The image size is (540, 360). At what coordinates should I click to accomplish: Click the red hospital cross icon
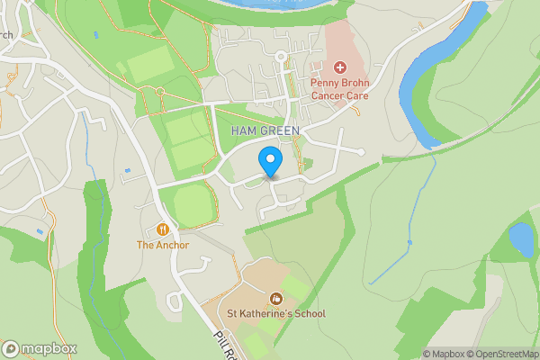tap(340, 67)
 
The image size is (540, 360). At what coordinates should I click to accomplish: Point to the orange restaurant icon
tap(163, 229)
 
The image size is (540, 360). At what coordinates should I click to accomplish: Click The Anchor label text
tap(163, 245)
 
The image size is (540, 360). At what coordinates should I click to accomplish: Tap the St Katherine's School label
tap(275, 314)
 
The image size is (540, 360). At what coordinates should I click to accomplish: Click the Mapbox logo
tap(40, 348)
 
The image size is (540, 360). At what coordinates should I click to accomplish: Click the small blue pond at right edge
tap(520, 239)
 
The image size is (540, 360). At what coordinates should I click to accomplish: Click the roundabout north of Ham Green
tap(281, 57)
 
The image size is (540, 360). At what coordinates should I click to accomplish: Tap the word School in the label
tap(308, 314)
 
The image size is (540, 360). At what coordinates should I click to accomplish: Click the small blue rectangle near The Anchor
tap(127, 169)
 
